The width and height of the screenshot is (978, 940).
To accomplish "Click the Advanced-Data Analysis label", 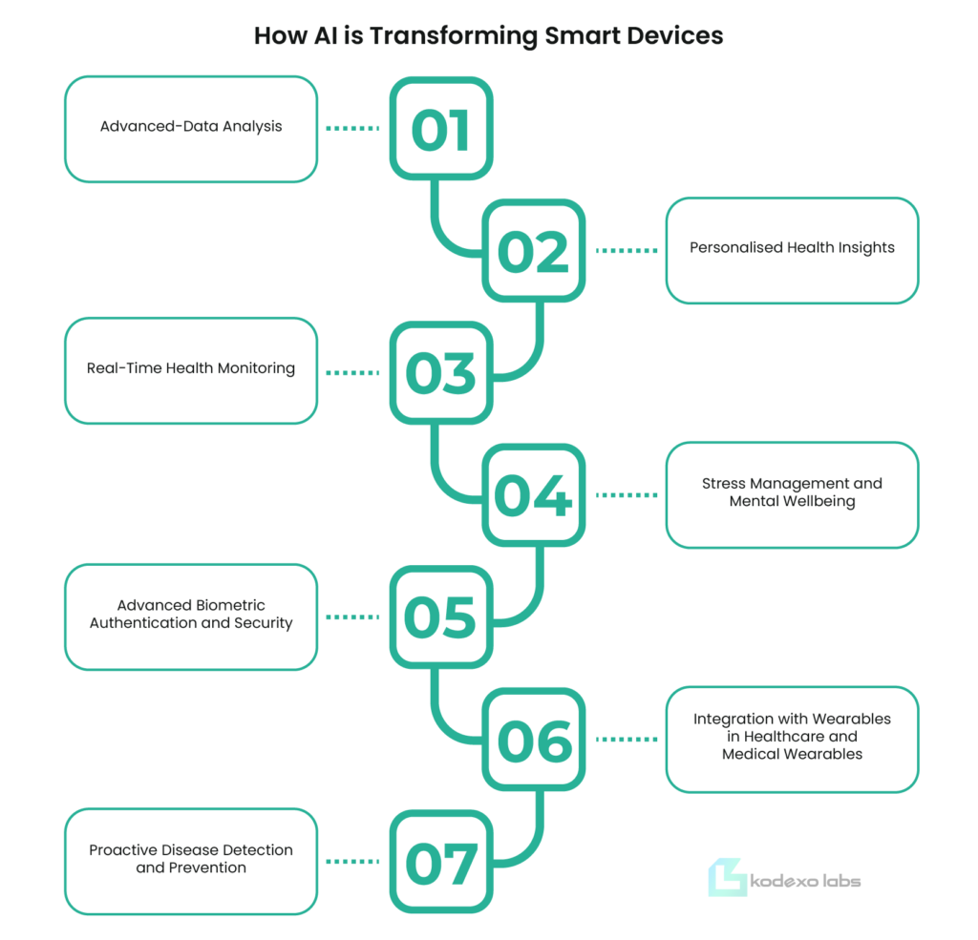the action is click(x=191, y=127).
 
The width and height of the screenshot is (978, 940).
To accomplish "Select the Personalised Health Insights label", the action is click(x=792, y=248).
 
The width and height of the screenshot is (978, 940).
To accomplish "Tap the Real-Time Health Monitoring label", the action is click(x=191, y=368).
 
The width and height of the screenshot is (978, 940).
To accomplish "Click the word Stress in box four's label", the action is click(x=724, y=483).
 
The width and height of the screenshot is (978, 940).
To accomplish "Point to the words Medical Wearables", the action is click(x=792, y=754).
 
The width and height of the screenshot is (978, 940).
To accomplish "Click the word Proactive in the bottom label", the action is click(x=122, y=849).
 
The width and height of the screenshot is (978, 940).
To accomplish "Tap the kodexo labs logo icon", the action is click(x=727, y=877).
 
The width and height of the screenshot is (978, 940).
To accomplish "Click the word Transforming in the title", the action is click(x=454, y=36).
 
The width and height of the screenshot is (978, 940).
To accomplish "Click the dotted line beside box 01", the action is click(x=352, y=129).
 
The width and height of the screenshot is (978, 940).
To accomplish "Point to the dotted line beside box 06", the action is click(x=627, y=740).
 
